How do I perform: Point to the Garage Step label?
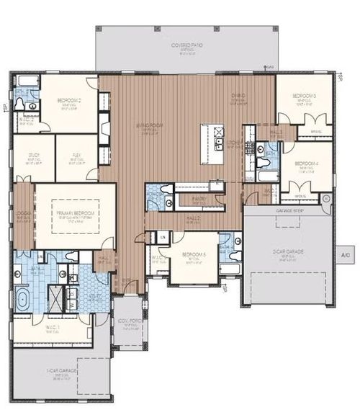288,210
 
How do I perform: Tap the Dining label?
238,96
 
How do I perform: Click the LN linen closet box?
163,237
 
